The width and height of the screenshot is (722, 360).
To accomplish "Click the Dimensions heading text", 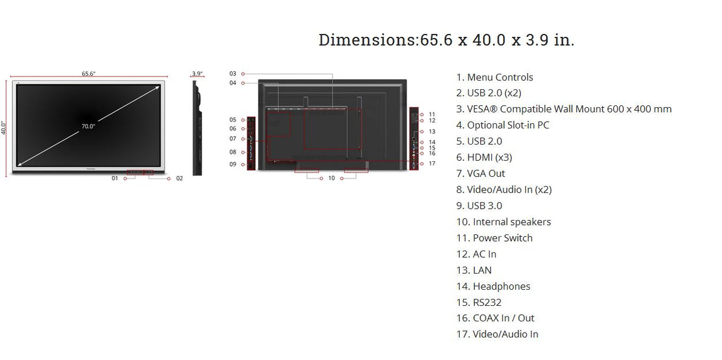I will tap(446, 40).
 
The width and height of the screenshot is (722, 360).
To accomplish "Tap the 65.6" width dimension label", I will tap(89, 74).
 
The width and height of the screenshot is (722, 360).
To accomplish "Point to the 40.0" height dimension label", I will tap(4, 128).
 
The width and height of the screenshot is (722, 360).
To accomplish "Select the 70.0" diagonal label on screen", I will tap(89, 126).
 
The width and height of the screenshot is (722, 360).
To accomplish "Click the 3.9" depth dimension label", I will tap(197, 74).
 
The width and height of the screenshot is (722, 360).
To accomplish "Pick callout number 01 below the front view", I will tap(115, 178).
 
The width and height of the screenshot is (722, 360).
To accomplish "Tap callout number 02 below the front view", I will tap(179, 178).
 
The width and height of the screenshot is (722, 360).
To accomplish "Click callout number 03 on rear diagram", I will tap(233, 74).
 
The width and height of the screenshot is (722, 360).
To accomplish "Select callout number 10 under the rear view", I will tap(331, 178).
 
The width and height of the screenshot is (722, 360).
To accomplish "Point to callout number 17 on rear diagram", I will tap(432, 163).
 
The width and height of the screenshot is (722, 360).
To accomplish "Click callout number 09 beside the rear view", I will tap(233, 164).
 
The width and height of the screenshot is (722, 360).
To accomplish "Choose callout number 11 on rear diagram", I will tap(432, 114).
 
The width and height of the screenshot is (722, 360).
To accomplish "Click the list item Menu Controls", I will tap(494, 77).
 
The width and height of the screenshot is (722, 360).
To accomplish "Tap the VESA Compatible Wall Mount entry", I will tap(564, 109).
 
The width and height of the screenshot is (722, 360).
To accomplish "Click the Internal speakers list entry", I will tap(503, 222).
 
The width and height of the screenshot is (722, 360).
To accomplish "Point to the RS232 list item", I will tap(479, 302).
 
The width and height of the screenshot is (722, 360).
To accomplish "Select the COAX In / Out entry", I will tap(495, 318).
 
